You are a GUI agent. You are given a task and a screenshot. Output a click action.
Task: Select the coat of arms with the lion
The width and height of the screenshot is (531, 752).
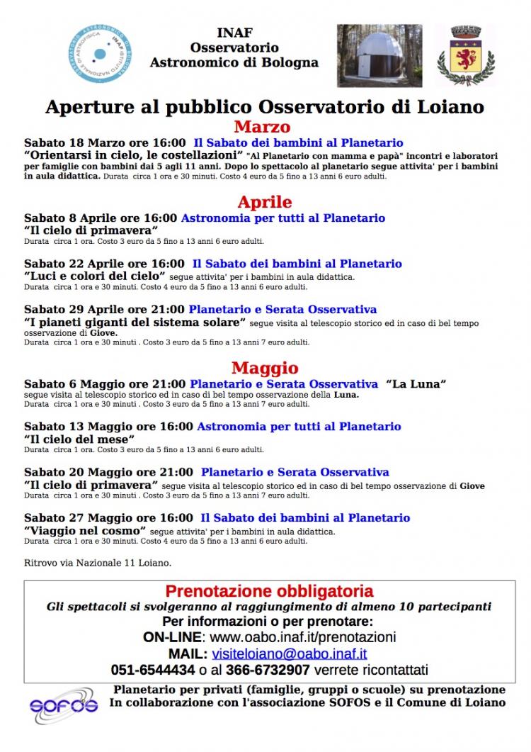click(473, 54)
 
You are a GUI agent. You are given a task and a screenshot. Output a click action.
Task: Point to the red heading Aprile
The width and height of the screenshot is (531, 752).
click(264, 202)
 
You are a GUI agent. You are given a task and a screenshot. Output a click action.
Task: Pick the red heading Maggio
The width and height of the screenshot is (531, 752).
click(265, 368)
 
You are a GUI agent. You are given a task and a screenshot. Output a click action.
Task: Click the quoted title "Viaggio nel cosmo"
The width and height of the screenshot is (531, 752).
click(84, 530)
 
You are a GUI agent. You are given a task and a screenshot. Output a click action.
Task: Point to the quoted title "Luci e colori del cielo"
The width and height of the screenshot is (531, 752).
click(94, 276)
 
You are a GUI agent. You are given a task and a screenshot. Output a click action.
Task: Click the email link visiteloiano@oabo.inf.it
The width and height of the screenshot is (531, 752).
click(288, 653)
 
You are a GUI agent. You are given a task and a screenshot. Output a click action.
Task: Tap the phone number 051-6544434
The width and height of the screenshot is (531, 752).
click(153, 670)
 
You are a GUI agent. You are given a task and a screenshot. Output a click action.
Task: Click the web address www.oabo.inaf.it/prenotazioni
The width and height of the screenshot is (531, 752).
click(302, 637)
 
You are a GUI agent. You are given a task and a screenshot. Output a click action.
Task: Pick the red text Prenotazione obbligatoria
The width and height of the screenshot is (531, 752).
click(269, 591)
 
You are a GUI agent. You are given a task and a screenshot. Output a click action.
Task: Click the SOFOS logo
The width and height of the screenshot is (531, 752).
click(64, 705)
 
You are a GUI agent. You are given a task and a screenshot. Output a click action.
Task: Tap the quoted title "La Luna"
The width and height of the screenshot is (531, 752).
click(416, 384)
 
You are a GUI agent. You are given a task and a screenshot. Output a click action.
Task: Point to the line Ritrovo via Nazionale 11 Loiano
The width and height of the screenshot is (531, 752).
click(98, 563)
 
